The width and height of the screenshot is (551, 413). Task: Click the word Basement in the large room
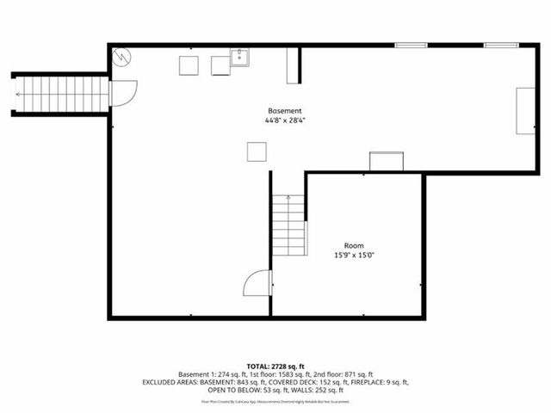pos(284,111)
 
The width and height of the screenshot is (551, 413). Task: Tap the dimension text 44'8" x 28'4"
pos(284,121)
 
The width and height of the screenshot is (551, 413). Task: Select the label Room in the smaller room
pos(353,245)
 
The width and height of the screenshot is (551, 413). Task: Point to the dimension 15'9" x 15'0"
pos(353,256)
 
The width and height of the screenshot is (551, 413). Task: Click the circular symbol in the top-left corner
pos(123,56)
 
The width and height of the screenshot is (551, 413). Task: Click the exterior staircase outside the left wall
pos(60,93)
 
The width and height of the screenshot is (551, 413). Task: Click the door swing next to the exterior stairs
pos(122,93)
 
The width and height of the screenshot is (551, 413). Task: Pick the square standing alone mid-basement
pos(257,151)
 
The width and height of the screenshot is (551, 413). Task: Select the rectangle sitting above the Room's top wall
pos(386,161)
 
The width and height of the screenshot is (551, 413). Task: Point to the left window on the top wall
pos(410,45)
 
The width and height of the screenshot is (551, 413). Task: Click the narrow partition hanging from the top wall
pos(293,65)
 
